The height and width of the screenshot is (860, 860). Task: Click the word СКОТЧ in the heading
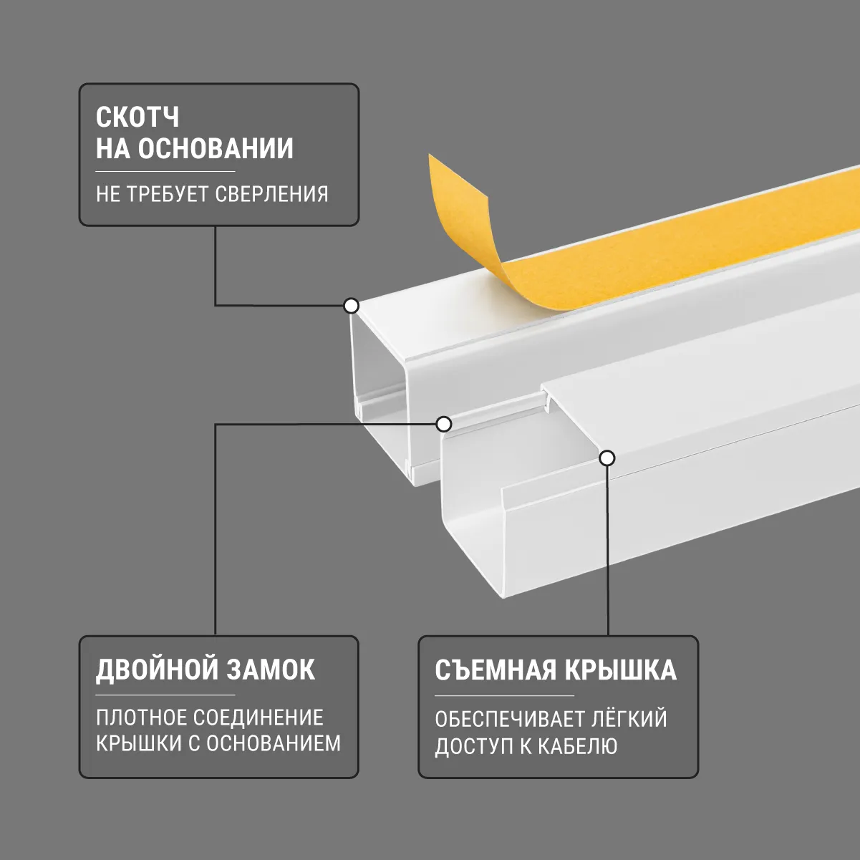(137, 117)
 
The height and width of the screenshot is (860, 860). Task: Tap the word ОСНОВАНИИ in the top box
(216, 148)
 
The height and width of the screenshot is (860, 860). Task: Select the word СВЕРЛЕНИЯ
(271, 194)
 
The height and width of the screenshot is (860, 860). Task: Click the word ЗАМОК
(271, 670)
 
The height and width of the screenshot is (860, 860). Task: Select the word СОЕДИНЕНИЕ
(259, 718)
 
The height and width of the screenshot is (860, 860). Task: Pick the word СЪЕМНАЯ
(496, 670)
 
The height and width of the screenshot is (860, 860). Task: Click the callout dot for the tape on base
(352, 306)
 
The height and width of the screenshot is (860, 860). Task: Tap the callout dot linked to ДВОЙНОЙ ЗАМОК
(443, 424)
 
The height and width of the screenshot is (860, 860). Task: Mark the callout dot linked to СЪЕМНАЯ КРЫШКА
(607, 458)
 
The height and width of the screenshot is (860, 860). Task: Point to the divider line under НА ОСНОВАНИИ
(165, 172)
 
